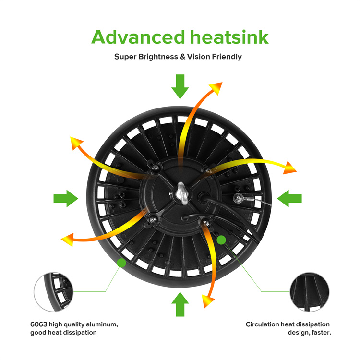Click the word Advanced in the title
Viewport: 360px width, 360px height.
click(x=138, y=37)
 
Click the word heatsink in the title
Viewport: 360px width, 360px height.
click(x=229, y=37)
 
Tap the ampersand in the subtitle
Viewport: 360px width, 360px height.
click(x=182, y=57)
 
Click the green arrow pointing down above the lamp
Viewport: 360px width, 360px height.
click(x=180, y=86)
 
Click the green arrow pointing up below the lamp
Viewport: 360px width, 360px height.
click(x=180, y=304)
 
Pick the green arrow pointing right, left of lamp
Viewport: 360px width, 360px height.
click(x=66, y=199)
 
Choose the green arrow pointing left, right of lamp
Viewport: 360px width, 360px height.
click(x=289, y=199)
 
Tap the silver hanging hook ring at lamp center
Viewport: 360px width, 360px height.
click(x=182, y=193)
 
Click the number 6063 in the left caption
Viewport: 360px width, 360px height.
click(x=39, y=324)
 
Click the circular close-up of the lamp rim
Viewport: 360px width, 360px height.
click(x=53, y=292)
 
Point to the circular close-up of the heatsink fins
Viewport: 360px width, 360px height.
click(x=310, y=292)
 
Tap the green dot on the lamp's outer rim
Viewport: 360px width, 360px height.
click(x=121, y=263)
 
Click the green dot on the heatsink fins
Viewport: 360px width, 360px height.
click(x=221, y=240)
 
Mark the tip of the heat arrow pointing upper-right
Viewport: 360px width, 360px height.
click(x=222, y=83)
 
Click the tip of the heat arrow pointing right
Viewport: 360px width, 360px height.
click(x=297, y=171)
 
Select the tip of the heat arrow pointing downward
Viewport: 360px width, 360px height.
click(x=204, y=308)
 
